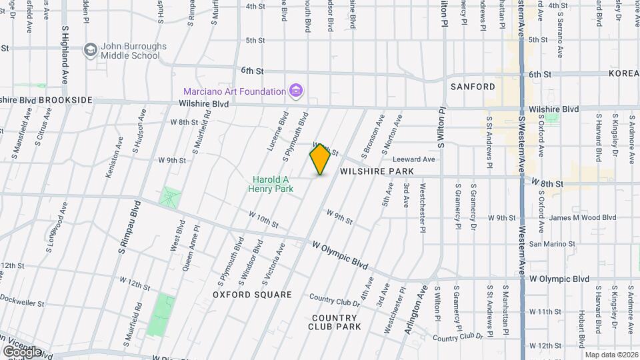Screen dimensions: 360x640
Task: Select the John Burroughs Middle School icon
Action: tap(90, 50)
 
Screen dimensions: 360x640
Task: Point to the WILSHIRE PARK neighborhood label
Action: tap(377, 171)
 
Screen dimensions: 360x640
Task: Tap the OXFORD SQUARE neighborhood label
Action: tap(252, 294)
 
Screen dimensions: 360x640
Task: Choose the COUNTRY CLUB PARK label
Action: tap(335, 322)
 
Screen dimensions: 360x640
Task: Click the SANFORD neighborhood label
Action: tap(473, 87)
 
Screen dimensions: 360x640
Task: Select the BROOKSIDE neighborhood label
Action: tap(65, 99)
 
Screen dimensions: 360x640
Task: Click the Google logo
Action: tap(22, 351)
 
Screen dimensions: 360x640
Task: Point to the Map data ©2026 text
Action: tap(611, 355)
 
